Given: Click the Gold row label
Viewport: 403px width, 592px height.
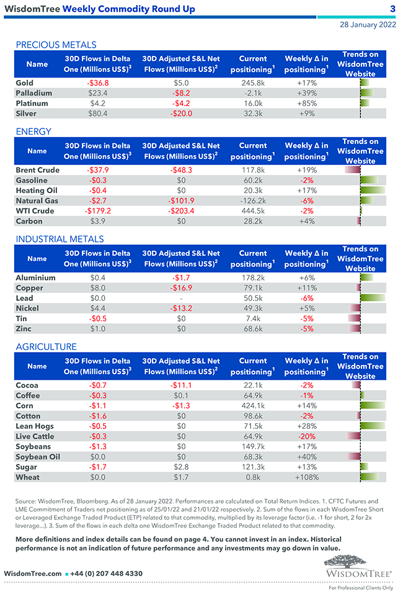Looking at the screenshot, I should pyautogui.click(x=25, y=83).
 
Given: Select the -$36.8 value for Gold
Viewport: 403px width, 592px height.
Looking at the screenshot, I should pyautogui.click(x=98, y=83).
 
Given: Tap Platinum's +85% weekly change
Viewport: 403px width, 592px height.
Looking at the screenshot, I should pyautogui.click(x=307, y=103).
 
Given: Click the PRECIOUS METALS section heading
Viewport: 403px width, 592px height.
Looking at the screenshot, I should pyautogui.click(x=56, y=45).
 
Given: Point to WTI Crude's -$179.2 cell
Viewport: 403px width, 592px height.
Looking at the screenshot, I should pyautogui.click(x=98, y=211).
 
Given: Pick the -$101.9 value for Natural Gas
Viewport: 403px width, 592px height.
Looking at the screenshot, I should pyautogui.click(x=181, y=200).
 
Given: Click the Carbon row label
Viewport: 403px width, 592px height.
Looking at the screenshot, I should pyautogui.click(x=29, y=221).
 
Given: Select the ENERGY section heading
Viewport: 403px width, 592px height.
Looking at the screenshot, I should pyautogui.click(x=33, y=132).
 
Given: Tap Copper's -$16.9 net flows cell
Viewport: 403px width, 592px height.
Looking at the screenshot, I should pyautogui.click(x=181, y=288).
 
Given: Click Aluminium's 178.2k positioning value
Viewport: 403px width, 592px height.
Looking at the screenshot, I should pyautogui.click(x=253, y=277).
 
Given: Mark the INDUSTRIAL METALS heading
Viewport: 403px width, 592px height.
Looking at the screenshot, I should pyautogui.click(x=60, y=239).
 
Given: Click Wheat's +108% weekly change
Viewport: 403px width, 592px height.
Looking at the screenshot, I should pyautogui.click(x=307, y=477).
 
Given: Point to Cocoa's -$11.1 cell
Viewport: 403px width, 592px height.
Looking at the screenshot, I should pyautogui.click(x=181, y=385).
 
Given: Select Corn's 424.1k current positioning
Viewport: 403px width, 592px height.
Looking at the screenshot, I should pyautogui.click(x=253, y=406).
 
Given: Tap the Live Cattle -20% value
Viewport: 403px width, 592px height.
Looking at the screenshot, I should pyautogui.click(x=307, y=436).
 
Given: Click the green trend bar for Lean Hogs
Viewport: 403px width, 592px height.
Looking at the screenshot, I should pyautogui.click(x=373, y=426).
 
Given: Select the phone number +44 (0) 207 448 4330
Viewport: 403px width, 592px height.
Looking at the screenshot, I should pyautogui.click(x=107, y=574).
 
